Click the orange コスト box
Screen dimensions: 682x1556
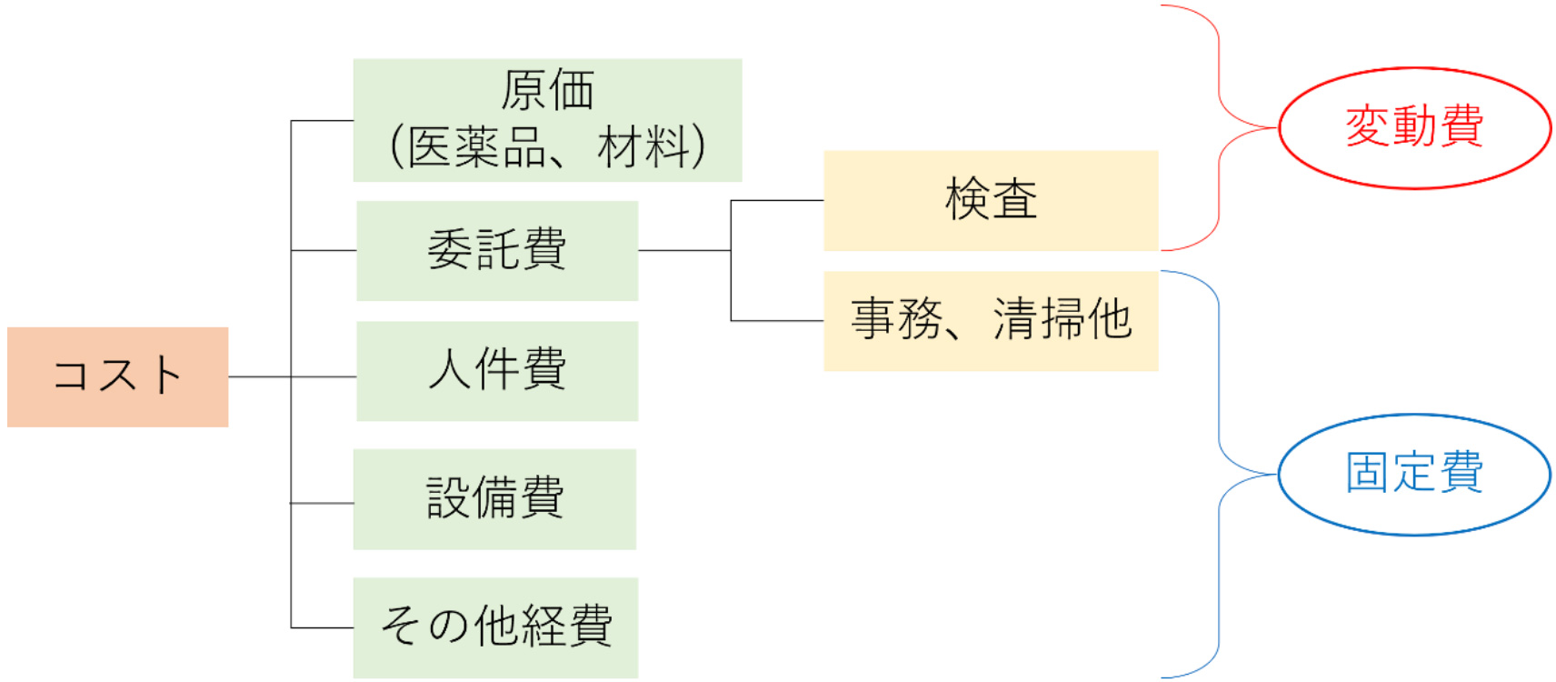pos(117,376)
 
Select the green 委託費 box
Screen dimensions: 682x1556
pos(496,250)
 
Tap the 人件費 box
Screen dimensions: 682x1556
pos(496,370)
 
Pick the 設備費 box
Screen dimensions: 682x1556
pos(494,498)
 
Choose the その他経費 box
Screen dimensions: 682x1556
pos(495,627)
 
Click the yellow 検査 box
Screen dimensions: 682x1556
pos(990,200)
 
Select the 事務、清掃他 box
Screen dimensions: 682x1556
pos(990,320)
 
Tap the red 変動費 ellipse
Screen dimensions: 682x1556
pos(1413,127)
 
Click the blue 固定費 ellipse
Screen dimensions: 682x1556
pos(1413,474)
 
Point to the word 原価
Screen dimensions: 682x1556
pos(547,90)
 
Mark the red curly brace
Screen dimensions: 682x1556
pos(1218,127)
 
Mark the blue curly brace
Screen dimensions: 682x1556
pos(1218,474)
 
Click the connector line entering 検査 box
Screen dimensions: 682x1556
pos(777,200)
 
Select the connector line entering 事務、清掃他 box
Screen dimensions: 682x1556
pos(777,320)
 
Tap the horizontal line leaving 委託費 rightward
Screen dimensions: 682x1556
pos(683,250)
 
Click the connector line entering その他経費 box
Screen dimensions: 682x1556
pos(322,627)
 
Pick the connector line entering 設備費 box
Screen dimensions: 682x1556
pos(322,503)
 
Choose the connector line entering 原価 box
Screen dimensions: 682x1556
pos(322,120)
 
